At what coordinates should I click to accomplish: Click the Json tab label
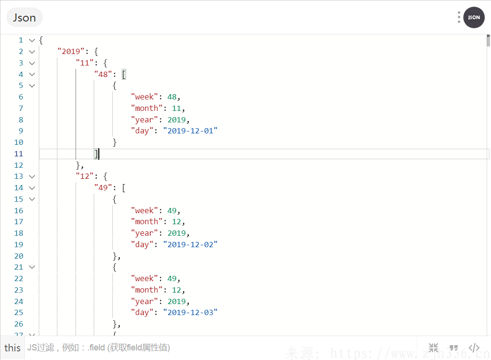(x=24, y=18)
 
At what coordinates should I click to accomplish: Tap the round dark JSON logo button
(x=474, y=17)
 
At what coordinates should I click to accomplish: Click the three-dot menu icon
(x=459, y=17)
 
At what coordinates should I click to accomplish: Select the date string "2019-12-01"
(x=190, y=131)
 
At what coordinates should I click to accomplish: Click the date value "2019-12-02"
(x=190, y=244)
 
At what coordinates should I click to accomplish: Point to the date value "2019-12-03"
(x=190, y=312)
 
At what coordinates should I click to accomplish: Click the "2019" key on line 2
(x=71, y=51)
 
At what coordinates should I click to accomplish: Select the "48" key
(x=103, y=74)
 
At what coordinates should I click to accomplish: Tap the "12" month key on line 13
(x=85, y=176)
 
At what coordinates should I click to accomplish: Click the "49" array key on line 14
(x=103, y=188)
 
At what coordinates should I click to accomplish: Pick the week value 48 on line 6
(x=172, y=97)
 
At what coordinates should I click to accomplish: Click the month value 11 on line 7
(x=176, y=109)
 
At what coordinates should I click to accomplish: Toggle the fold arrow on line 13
(x=32, y=176)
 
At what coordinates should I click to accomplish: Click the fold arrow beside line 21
(x=32, y=267)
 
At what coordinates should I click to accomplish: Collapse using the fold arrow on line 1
(x=32, y=40)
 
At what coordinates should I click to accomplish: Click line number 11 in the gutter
(x=19, y=154)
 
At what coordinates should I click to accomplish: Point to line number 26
(x=19, y=324)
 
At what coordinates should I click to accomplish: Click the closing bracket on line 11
(x=96, y=154)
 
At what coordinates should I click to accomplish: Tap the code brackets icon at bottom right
(x=474, y=348)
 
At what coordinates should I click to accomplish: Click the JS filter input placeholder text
(x=98, y=348)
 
